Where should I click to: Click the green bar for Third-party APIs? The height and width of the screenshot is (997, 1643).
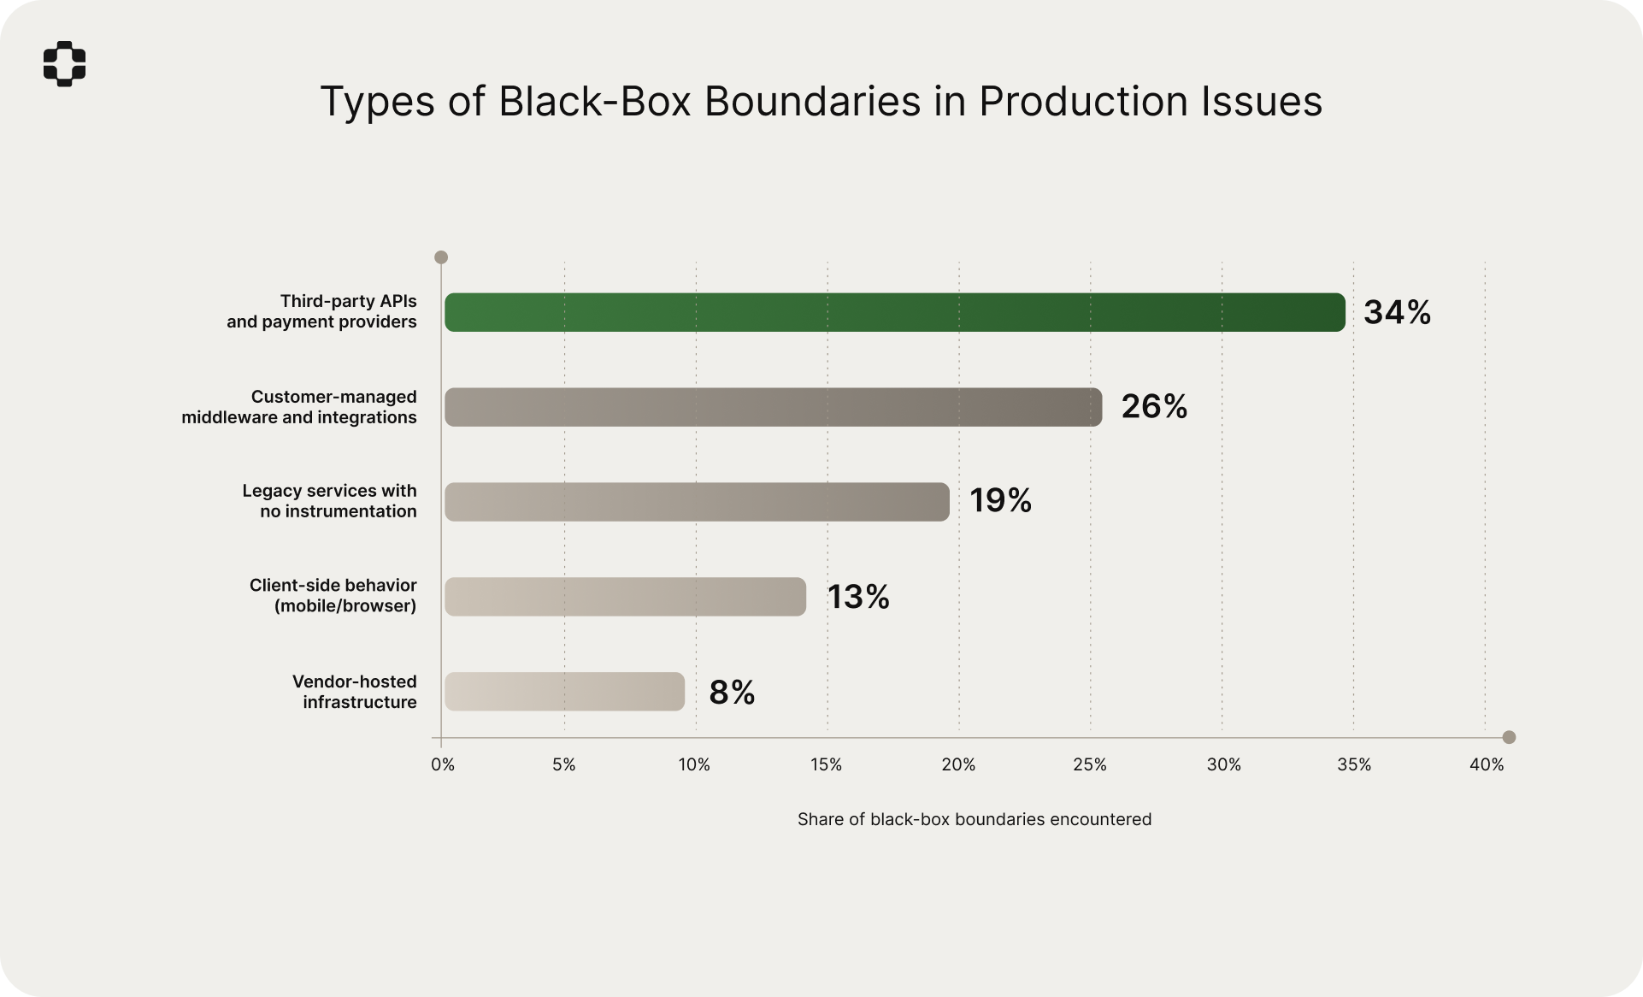click(x=894, y=312)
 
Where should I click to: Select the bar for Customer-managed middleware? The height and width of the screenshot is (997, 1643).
click(x=773, y=407)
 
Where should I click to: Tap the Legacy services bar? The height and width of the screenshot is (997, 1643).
click(x=697, y=502)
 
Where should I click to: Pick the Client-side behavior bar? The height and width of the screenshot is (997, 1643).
click(x=625, y=597)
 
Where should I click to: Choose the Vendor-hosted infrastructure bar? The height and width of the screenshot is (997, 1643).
click(x=564, y=692)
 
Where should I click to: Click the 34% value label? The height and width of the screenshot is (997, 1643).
click(x=1397, y=312)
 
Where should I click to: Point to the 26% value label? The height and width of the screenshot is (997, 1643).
click(x=1154, y=407)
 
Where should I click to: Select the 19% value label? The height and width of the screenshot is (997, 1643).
click(x=1000, y=501)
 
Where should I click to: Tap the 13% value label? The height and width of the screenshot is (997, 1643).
click(x=857, y=597)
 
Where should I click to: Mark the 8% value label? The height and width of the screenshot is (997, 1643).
click(x=732, y=693)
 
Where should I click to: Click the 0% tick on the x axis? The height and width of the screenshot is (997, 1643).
click(x=443, y=765)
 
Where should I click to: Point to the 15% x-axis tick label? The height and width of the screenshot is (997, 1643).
click(x=826, y=765)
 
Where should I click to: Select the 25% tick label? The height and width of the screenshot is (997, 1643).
click(x=1090, y=765)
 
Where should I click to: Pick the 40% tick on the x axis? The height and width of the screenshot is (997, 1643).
click(x=1487, y=765)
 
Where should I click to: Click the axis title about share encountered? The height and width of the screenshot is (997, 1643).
click(x=975, y=819)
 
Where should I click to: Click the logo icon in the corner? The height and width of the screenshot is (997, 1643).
click(x=65, y=64)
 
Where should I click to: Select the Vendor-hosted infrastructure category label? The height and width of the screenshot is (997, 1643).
click(x=354, y=692)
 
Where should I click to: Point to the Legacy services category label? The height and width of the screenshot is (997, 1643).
click(x=329, y=501)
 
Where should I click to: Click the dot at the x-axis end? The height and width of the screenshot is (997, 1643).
click(x=1509, y=737)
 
